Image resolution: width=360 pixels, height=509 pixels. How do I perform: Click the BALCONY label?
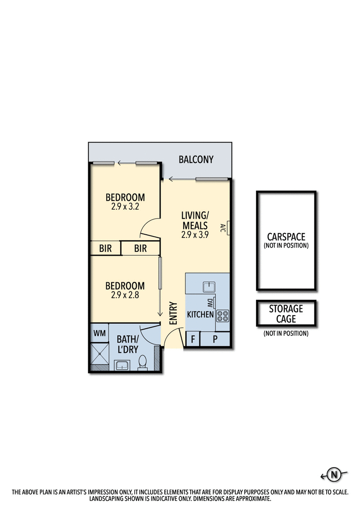coord(196,160)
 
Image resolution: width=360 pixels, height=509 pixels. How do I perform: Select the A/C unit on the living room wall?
coord(229,228)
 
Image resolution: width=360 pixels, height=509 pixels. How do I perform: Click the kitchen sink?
coord(209,286)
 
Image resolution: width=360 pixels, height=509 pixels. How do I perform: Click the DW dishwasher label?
coord(210,304)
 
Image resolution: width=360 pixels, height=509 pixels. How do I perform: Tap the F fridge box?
coord(193,339)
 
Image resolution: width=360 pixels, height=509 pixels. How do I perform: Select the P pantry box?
coord(215,339)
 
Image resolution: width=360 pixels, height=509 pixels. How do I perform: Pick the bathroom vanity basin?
coord(122,365)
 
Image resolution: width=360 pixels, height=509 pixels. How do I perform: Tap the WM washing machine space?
coord(99,333)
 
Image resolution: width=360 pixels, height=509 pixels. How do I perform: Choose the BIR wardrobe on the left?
coord(105,248)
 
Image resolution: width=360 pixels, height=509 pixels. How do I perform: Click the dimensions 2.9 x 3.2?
coord(125,208)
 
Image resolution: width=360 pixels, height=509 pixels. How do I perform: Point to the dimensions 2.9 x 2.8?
coord(125,295)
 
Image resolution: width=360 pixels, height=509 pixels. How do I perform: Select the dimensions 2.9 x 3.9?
coord(194,235)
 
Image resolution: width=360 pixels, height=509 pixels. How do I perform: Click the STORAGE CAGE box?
coord(286,313)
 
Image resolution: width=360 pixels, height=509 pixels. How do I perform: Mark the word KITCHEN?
coord(200,314)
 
